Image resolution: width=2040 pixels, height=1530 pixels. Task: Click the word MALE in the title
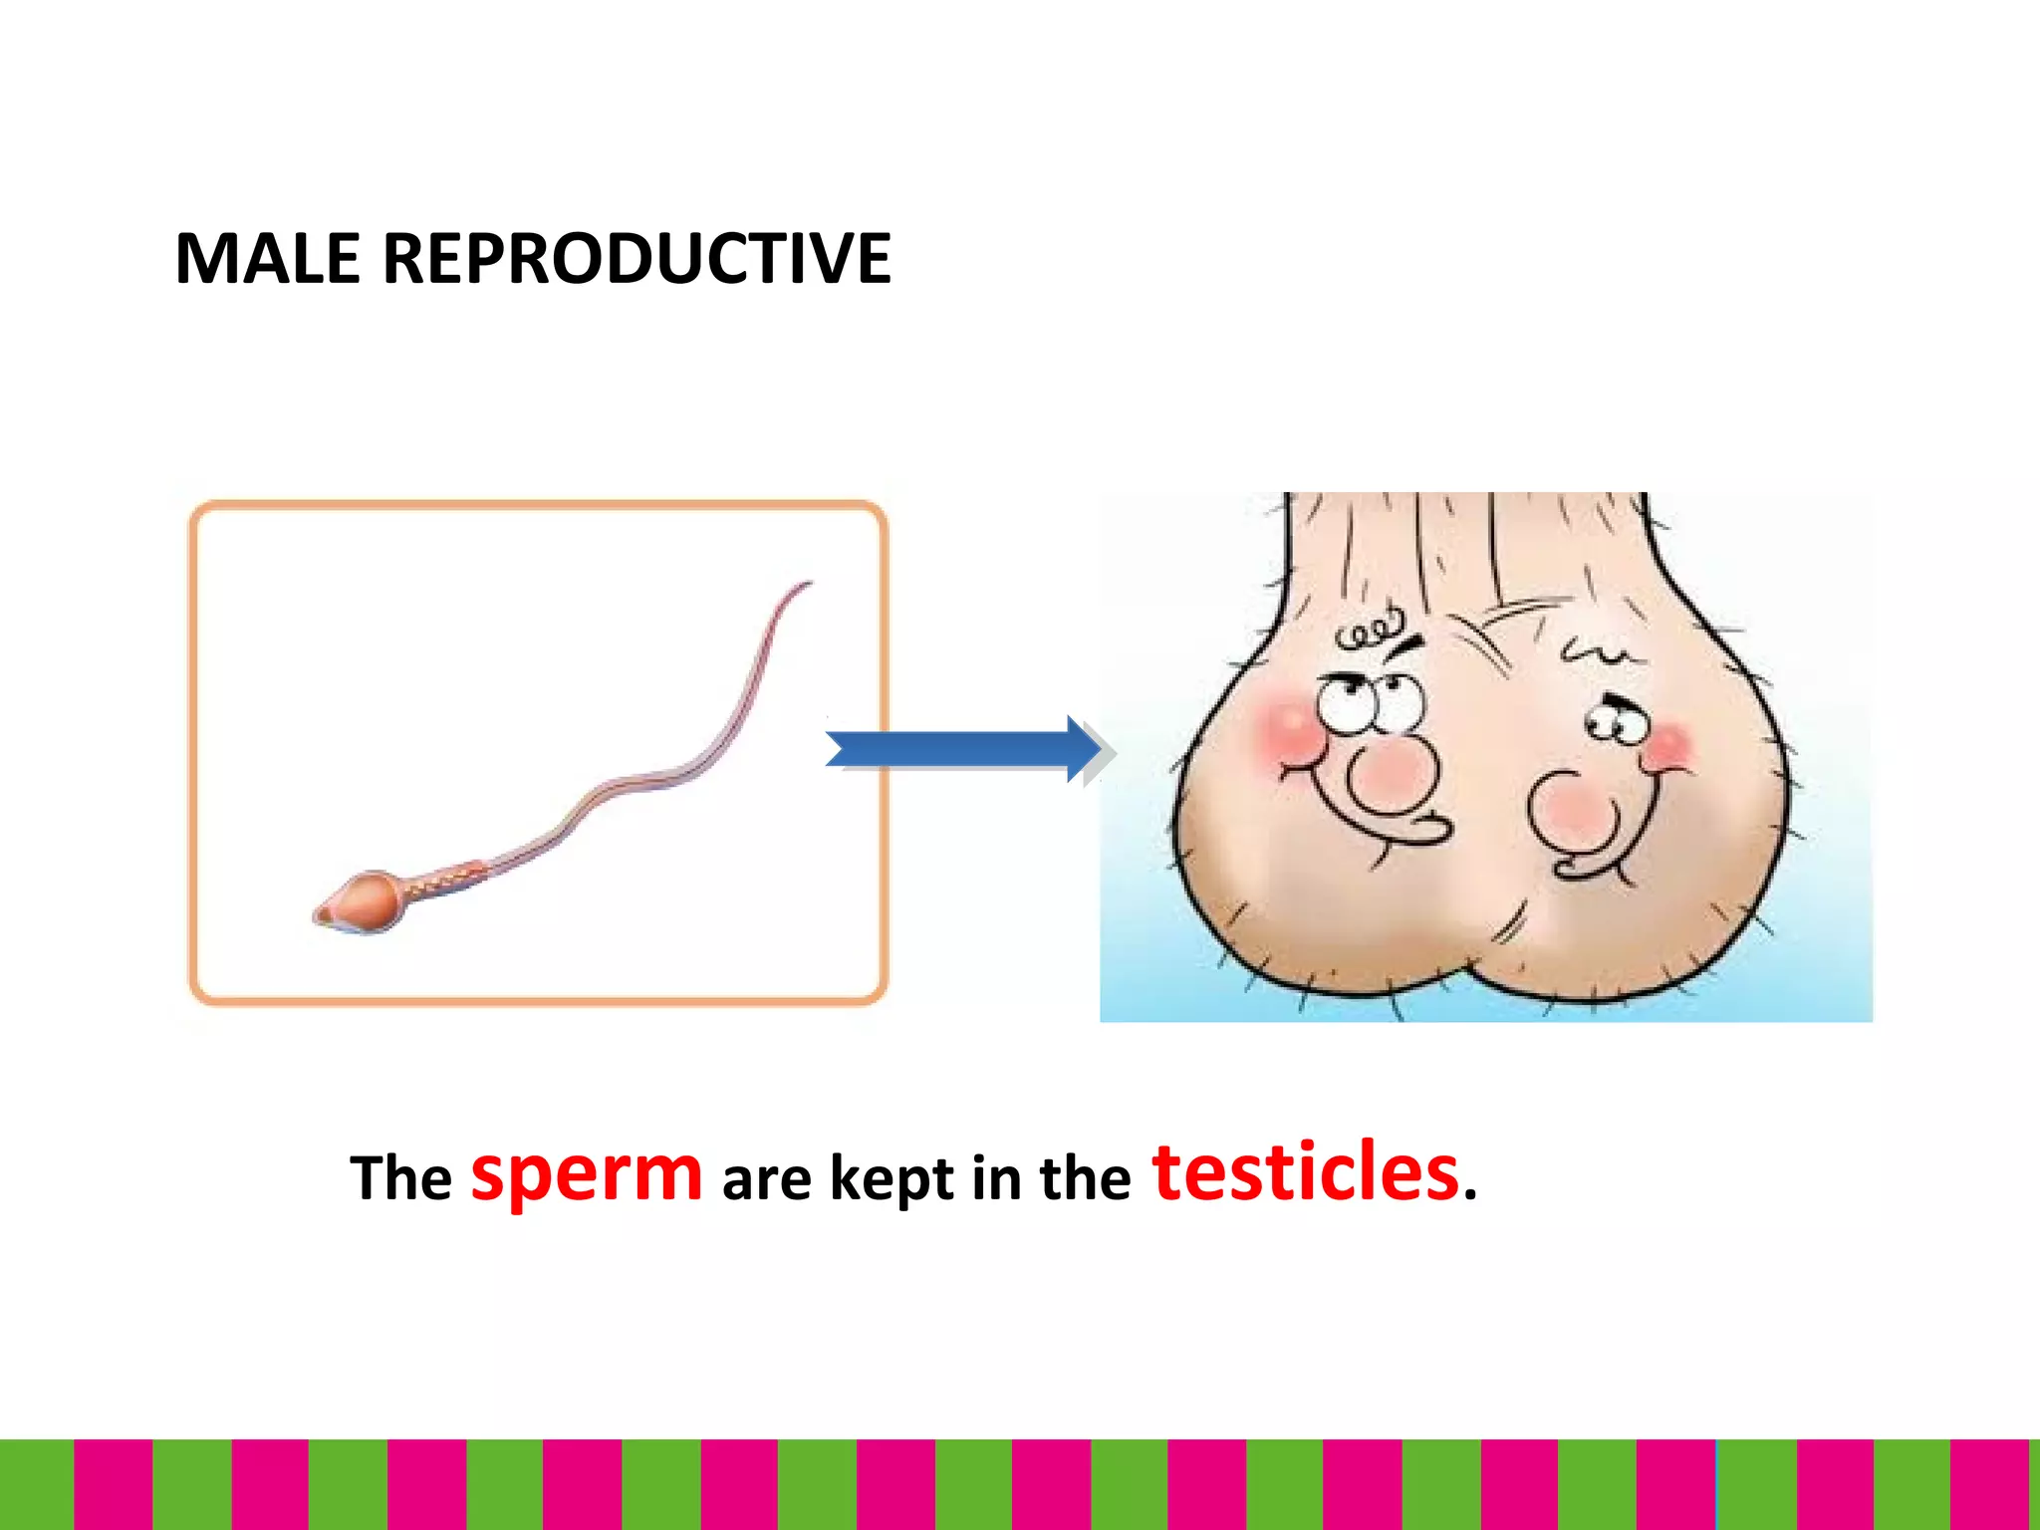coord(267,259)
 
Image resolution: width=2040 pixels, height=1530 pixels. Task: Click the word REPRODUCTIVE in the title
coord(637,259)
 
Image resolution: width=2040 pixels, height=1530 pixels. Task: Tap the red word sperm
coord(586,1173)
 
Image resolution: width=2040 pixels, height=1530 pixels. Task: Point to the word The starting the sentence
coord(400,1178)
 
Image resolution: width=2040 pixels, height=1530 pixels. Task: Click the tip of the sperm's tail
coord(808,584)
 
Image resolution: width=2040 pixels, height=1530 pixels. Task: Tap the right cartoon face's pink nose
coord(1574,809)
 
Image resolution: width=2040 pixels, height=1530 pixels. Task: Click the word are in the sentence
coord(766,1180)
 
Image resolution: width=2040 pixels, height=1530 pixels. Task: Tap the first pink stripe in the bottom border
coord(113,1484)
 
